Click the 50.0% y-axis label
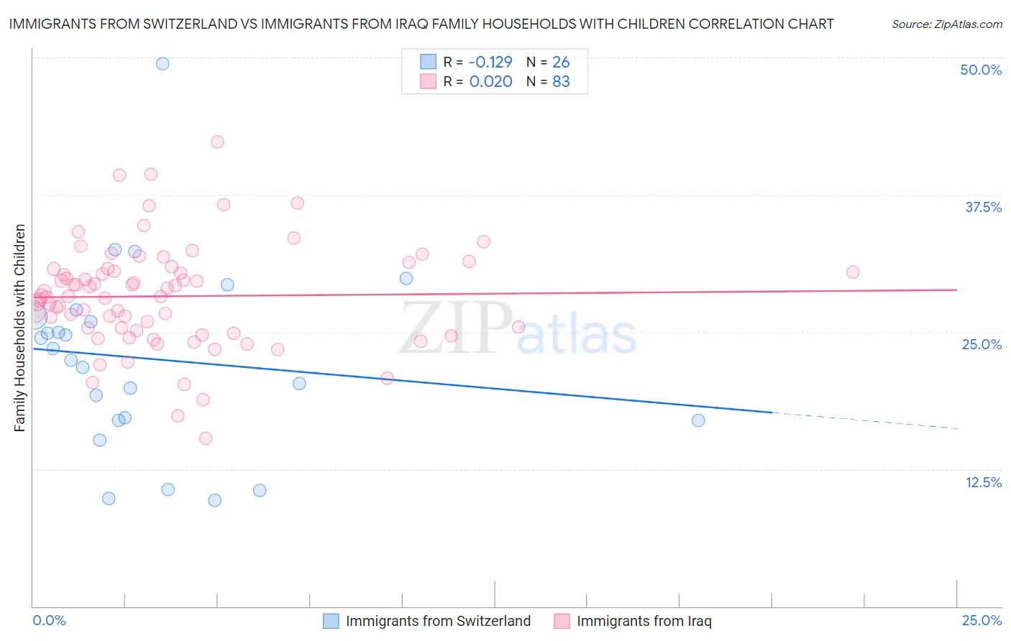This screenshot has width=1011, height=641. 981,70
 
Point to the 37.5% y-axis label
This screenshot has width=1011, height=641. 983,207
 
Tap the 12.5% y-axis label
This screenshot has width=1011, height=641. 983,482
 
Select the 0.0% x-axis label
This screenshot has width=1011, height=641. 49,620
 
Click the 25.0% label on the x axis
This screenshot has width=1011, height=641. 982,620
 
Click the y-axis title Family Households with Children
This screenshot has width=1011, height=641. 19,328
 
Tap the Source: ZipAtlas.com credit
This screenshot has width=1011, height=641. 946,24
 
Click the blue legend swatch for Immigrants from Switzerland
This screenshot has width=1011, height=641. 331,621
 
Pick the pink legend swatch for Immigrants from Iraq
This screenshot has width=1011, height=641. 562,621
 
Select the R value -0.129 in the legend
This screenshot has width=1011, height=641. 490,62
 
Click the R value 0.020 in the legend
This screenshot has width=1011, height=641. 490,81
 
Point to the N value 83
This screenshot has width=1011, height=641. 561,81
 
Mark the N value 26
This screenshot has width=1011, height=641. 561,62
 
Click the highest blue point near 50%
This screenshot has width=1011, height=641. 163,63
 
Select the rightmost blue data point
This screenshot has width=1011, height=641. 698,420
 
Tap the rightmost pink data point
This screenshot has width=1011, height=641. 853,272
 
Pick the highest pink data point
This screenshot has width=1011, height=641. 217,142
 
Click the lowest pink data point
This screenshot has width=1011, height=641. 206,438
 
